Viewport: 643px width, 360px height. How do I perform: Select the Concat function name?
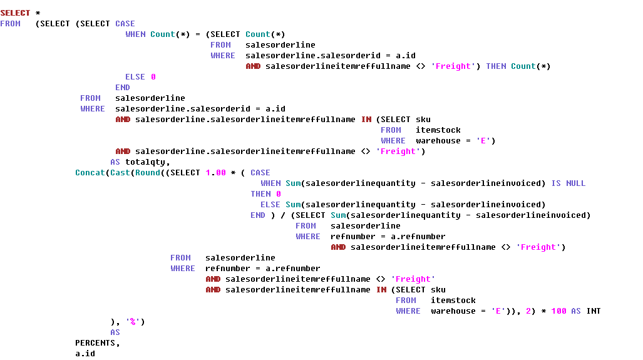[x=90, y=173]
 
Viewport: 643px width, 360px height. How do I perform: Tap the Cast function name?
[x=120, y=173]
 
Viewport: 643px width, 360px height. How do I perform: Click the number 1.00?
[x=215, y=173]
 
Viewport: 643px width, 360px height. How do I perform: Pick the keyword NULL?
[x=575, y=183]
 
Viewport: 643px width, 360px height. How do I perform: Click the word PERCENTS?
[x=95, y=343]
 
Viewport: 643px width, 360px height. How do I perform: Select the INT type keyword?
[x=593, y=311]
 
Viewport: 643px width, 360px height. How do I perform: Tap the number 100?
[x=558, y=311]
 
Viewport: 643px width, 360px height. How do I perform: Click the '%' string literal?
[x=133, y=322]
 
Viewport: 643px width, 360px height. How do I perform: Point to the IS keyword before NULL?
[x=556, y=183]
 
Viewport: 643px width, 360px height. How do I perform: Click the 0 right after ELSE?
[x=153, y=77]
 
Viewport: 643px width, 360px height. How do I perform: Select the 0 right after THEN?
[x=278, y=194]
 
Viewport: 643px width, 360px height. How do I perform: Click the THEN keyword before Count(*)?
[x=496, y=66]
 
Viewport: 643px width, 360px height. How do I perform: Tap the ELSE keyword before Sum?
[x=270, y=205]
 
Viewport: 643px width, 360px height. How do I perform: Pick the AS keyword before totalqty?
[x=115, y=162]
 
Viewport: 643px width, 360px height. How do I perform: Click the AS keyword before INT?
[x=575, y=311]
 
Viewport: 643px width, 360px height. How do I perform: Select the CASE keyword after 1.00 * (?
[x=260, y=173]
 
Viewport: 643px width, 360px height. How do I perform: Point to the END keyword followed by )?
[x=258, y=215]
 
